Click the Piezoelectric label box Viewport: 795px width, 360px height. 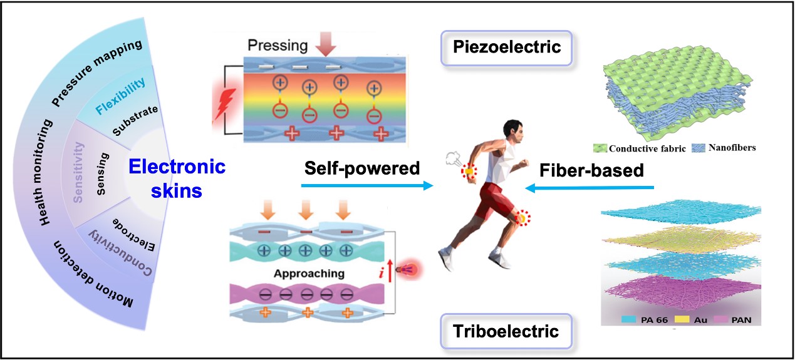point(507,47)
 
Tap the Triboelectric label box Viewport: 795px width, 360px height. point(507,331)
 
